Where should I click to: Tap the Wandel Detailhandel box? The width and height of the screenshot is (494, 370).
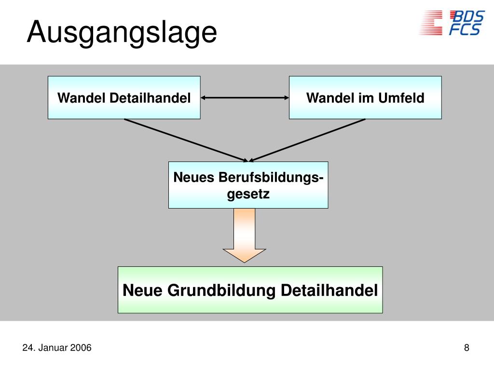pos(124,97)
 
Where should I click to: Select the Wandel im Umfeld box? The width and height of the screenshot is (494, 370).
pos(365,97)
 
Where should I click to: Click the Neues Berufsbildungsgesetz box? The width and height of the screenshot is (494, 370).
pos(248,185)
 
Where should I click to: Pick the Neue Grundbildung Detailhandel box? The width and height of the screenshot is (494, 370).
pos(250,290)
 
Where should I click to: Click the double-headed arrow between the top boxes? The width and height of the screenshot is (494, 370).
pos(245,98)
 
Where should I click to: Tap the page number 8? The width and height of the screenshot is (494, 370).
pos(467,348)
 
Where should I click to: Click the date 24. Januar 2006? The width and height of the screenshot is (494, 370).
pos(57,348)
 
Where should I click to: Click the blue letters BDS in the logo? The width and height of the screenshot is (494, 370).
pos(467,16)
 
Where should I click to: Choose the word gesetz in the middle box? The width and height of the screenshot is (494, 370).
pos(248,194)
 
